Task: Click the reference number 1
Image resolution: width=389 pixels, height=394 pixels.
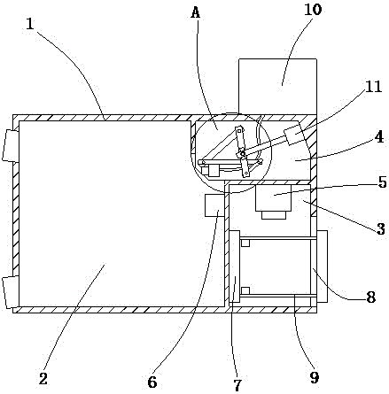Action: pos(30,24)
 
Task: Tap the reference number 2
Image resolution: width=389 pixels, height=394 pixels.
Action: pos(43,379)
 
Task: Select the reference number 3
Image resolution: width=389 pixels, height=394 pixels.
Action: pos(381,228)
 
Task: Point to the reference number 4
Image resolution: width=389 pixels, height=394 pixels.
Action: pos(379,137)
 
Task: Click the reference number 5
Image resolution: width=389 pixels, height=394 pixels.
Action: pos(382,182)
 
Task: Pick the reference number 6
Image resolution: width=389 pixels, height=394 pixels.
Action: pos(152,382)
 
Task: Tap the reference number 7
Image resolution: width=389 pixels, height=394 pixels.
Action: pos(237,385)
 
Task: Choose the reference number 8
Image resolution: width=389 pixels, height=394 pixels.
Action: pos(371,297)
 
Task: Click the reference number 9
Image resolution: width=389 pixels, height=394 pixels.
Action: pos(315,377)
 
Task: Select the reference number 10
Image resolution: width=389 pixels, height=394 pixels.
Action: pos(313,10)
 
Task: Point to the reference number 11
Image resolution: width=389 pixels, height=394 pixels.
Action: pos(373,87)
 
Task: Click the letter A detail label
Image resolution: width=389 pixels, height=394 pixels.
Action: pos(196,12)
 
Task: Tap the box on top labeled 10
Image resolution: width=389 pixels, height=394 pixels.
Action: pos(277,87)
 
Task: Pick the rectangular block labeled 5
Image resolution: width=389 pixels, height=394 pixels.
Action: pos(274,197)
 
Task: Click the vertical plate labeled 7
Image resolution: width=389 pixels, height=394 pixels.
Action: pos(235,267)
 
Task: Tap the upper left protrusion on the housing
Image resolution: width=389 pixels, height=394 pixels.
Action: pos(8,145)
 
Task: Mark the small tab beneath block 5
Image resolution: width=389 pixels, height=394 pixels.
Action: pos(274,214)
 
